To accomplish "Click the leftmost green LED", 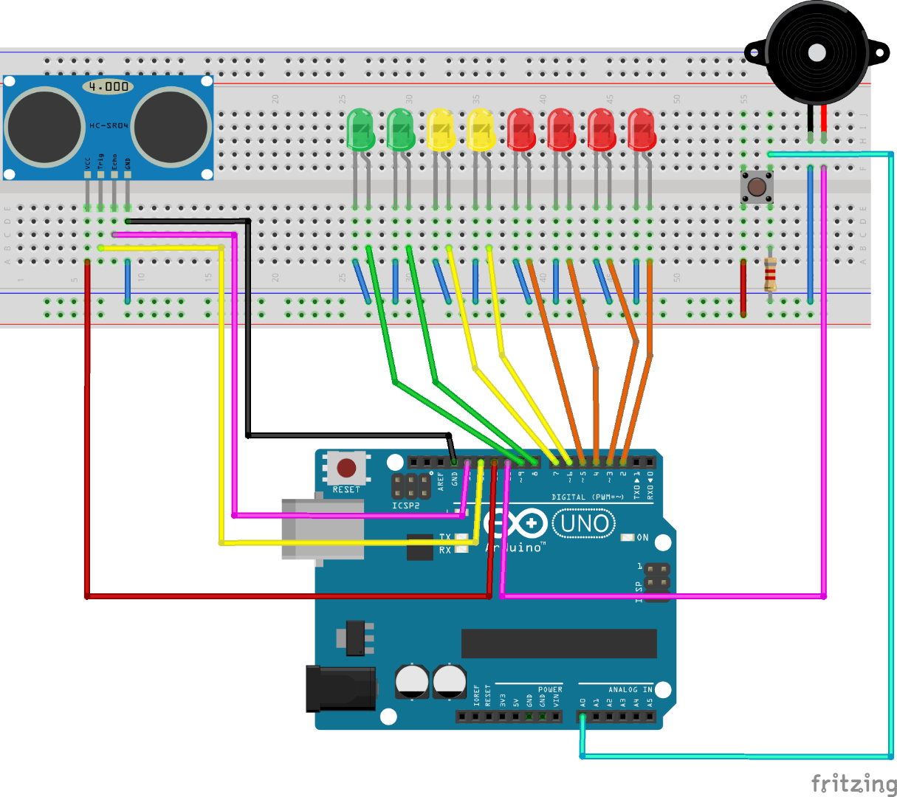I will [x=360, y=130].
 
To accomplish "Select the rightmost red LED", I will [x=642, y=130].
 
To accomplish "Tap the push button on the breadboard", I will [x=757, y=187].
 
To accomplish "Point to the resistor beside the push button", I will [x=770, y=275].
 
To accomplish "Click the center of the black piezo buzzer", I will [x=816, y=52].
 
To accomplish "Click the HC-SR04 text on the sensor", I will [x=109, y=125].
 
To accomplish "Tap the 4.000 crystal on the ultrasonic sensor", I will [x=108, y=87].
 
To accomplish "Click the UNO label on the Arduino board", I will [x=584, y=524].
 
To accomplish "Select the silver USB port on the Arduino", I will [x=323, y=528].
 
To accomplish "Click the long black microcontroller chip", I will [x=559, y=644].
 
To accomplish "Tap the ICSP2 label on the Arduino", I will [x=406, y=506].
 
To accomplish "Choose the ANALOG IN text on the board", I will [x=630, y=690].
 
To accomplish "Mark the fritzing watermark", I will [x=853, y=782].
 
